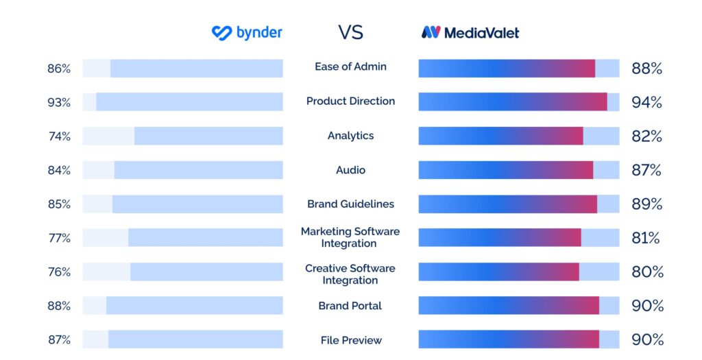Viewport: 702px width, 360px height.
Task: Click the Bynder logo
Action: (247, 32)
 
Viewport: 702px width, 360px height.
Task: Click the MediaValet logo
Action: (470, 32)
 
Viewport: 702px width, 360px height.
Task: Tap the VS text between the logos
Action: (350, 32)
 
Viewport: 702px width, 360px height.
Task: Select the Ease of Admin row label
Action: (350, 67)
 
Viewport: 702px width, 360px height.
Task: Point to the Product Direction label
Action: (350, 101)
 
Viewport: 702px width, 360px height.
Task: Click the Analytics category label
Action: (350, 136)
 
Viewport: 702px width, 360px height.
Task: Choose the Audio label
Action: (350, 170)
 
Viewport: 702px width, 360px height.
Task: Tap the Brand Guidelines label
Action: (350, 204)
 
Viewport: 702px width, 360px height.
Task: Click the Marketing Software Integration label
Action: (350, 237)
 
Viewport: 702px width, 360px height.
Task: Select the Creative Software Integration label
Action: (350, 274)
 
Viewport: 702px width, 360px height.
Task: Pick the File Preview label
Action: (350, 340)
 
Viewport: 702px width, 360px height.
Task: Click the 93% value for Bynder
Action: (59, 102)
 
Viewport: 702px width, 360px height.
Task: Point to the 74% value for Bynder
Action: (59, 136)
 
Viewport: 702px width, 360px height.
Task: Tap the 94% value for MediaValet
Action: (646, 102)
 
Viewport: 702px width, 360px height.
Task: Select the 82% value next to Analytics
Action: (646, 136)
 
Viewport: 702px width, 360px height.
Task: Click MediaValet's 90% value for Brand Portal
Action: (646, 306)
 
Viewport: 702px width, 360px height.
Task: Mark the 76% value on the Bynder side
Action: (59, 272)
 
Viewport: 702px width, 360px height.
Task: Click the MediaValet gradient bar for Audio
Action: (505, 170)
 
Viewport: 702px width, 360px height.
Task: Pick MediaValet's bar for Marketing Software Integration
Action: (500, 238)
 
